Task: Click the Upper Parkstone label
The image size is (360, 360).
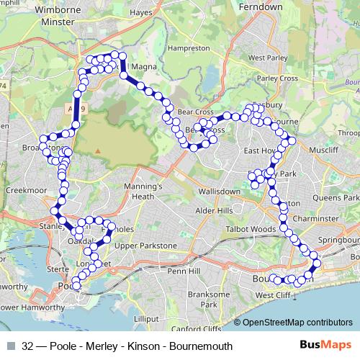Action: [x=145, y=246]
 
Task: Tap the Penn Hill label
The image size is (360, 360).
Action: [x=182, y=272]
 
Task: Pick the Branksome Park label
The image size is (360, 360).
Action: [x=209, y=299]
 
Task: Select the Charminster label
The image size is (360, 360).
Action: [x=318, y=217]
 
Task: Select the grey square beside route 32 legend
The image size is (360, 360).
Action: [x=11, y=346]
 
